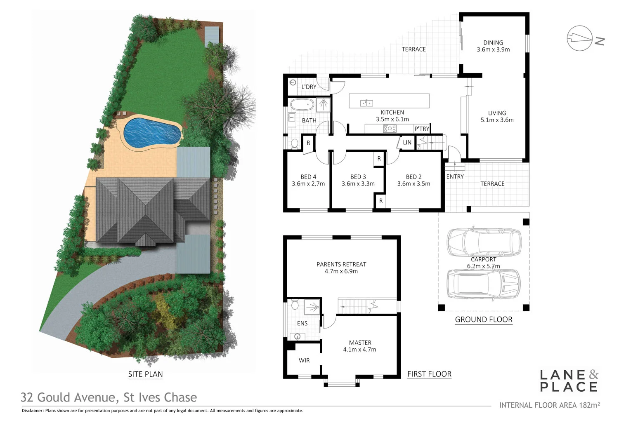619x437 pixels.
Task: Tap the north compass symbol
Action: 580,38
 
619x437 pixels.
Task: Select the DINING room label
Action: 493,42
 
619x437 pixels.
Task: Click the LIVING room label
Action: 497,113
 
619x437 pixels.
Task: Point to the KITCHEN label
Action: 392,112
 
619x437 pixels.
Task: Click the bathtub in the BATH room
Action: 302,105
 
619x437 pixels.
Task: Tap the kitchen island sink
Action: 366,103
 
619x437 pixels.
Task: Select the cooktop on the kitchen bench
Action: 390,129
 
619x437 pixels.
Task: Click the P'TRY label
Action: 422,129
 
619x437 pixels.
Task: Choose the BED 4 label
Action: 308,176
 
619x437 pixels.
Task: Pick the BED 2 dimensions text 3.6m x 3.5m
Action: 413,184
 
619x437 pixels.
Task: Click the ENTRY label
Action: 455,176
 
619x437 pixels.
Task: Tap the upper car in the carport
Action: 484,241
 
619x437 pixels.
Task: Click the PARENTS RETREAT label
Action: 341,264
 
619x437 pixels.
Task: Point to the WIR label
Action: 304,360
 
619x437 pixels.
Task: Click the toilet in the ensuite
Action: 295,305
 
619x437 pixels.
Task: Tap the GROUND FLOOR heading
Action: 484,320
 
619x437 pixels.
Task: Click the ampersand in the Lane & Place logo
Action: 593,374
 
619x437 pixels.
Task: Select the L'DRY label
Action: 309,87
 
